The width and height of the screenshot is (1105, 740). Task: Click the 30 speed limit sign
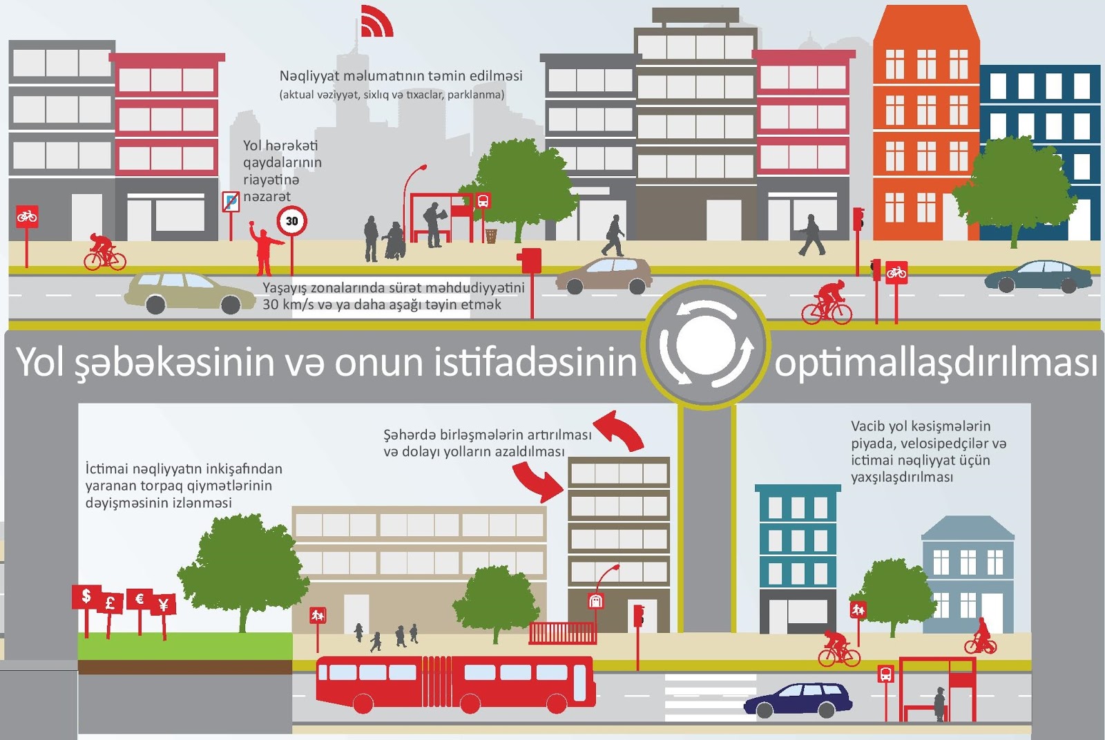point(291,221)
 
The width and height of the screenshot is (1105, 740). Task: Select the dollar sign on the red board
point(86,596)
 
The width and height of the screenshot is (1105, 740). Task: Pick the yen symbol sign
point(164,605)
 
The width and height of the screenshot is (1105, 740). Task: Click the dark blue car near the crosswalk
point(798,699)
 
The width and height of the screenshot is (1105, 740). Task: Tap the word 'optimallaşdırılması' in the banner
point(935,362)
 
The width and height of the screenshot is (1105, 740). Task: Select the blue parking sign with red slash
point(231,202)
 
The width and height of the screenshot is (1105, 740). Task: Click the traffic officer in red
point(264,249)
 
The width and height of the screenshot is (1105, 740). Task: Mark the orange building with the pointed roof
point(925,124)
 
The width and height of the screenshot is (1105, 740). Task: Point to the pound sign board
point(110,603)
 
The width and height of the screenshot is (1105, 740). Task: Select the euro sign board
point(139,598)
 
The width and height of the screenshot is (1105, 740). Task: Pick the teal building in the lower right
point(798,553)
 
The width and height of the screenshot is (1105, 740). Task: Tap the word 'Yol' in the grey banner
point(40,362)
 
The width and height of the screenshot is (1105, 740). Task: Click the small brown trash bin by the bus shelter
point(490,236)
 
